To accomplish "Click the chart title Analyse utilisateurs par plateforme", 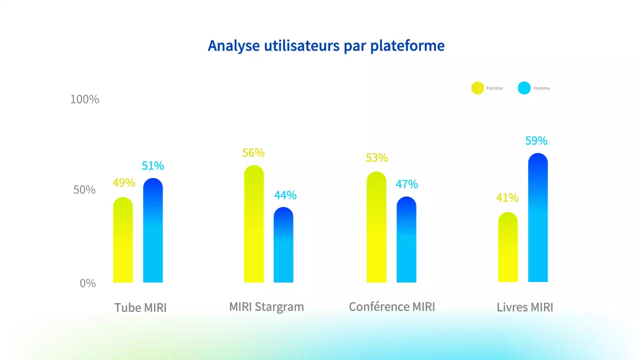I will point(326,45).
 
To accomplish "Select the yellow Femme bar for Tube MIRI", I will point(123,240).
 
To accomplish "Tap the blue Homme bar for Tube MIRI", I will point(153,230).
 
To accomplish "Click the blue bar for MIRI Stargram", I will point(283,245).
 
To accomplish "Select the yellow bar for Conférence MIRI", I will point(376,227).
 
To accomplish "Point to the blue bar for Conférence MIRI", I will point(406,239).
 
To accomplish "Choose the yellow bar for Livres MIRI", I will point(508,247).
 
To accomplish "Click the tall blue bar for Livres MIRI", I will point(538,218).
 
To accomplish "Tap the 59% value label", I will point(536,141).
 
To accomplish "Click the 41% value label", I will point(507,198).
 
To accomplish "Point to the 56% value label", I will point(253,153).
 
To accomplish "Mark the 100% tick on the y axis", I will point(84,99).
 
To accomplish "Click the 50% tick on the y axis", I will point(84,190).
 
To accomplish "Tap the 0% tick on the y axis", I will point(87,283).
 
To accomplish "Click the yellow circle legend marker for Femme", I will point(477,88).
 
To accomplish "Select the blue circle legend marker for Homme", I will point(524,88).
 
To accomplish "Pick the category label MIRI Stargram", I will point(266,306).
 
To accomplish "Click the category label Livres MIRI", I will point(525,307).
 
